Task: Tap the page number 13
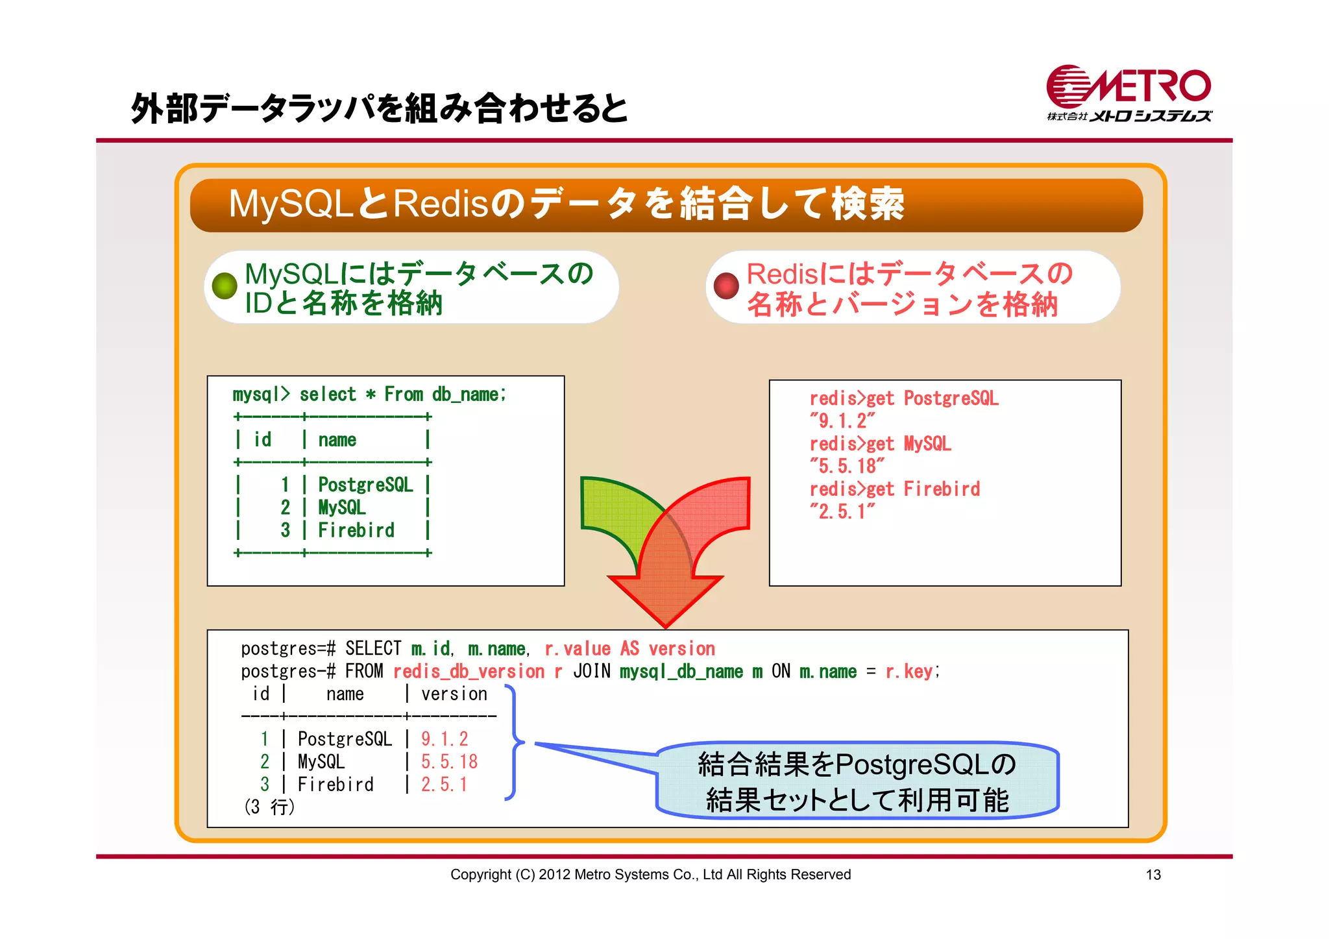(x=1152, y=875)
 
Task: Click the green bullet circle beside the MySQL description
(x=225, y=286)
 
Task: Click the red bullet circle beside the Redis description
(x=726, y=286)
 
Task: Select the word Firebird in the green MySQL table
(x=356, y=530)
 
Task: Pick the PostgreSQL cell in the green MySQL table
(x=365, y=485)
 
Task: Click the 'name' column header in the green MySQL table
(x=337, y=440)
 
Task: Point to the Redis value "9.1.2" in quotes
(x=842, y=421)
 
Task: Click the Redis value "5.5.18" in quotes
(x=846, y=466)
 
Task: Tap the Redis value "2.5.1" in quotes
(x=842, y=511)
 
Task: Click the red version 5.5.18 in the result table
(x=449, y=761)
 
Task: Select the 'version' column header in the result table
(x=454, y=694)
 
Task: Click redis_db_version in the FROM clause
(x=469, y=671)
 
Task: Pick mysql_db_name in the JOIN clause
(x=681, y=671)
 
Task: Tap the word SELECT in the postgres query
(x=373, y=648)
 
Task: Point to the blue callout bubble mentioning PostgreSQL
(x=857, y=780)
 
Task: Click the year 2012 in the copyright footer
(x=554, y=875)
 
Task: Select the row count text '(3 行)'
(x=269, y=807)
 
